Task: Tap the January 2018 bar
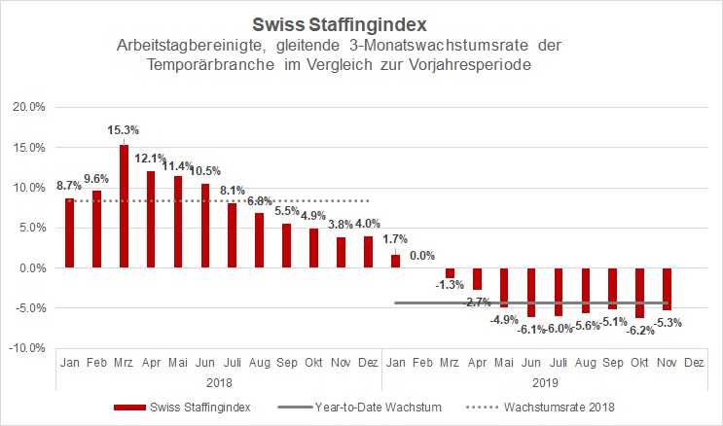coord(69,232)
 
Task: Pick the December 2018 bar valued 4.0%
coord(368,252)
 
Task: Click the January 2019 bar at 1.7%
coord(395,261)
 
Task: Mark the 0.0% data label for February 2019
coord(422,255)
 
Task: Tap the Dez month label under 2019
coord(694,364)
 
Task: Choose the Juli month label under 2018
coord(233,364)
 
